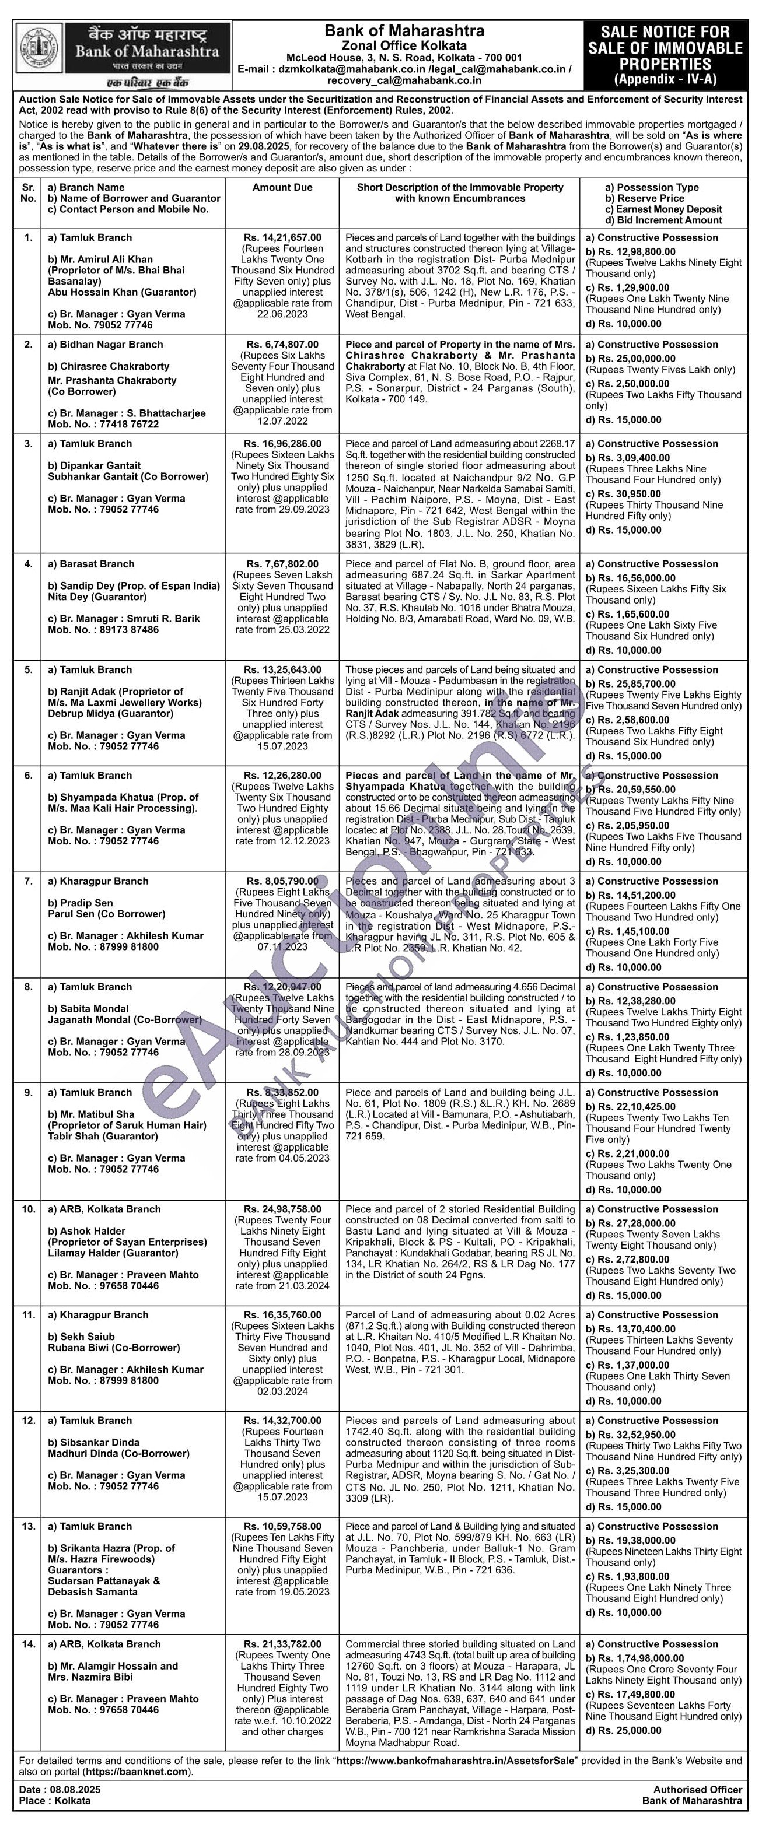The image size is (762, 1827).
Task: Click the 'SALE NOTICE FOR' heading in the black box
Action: tap(665, 32)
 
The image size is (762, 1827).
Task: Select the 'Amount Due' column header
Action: tap(282, 187)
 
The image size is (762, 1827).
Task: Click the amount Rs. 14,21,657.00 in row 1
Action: tap(282, 237)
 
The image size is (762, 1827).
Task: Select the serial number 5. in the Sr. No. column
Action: tap(29, 669)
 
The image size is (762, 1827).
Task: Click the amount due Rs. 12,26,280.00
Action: tap(282, 775)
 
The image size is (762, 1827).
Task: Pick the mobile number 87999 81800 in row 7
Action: tap(124, 946)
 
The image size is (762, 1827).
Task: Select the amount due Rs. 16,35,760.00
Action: tap(282, 1314)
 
